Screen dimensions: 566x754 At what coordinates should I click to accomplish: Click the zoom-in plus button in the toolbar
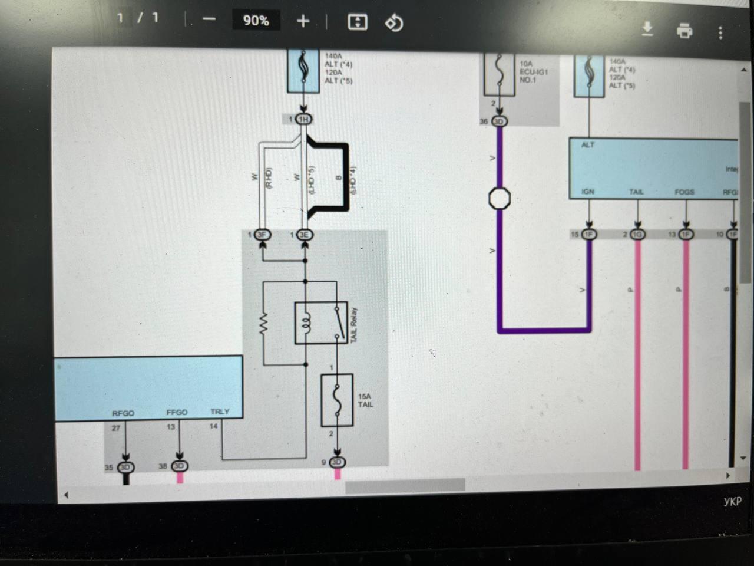point(303,21)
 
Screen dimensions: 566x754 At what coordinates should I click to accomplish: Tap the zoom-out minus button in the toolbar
point(209,19)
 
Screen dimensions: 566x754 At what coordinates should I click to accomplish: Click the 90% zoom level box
point(256,21)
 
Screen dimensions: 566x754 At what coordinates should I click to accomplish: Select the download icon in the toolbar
point(647,28)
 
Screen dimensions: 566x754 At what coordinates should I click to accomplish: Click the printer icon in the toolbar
point(684,30)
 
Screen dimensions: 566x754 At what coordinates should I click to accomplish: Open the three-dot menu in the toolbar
point(720,32)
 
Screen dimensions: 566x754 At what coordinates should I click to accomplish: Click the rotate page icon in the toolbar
point(393,23)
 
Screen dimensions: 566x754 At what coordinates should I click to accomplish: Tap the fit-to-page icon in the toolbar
point(358,22)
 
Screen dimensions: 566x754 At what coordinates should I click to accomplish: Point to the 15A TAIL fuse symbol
point(337,400)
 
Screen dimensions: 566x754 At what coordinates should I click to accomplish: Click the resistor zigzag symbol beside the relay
point(263,324)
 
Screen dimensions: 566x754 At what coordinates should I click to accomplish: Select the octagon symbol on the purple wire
point(500,198)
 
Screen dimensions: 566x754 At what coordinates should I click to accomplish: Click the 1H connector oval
point(303,119)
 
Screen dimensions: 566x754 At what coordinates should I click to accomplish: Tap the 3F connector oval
point(262,235)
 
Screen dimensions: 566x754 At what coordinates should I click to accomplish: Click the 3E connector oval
point(304,235)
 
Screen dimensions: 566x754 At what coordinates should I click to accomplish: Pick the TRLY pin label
point(220,412)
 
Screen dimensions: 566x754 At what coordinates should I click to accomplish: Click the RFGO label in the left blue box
point(123,413)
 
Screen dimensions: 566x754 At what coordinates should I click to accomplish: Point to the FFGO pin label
point(177,412)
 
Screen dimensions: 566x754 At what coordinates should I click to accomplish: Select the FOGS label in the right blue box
point(684,192)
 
